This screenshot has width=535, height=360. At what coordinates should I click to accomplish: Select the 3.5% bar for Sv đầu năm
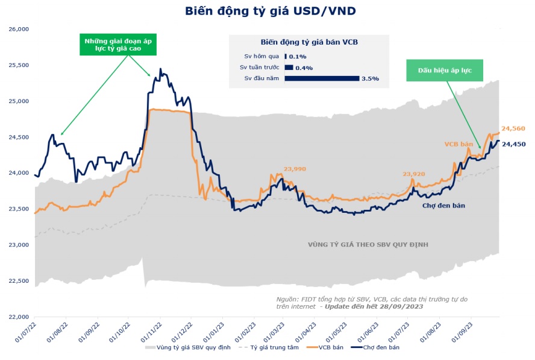[x=322, y=78]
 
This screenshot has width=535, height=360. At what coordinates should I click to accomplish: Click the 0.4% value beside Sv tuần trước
[x=304, y=68]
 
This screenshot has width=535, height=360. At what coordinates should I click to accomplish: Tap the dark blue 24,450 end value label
[x=515, y=144]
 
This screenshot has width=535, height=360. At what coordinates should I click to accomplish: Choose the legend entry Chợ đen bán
[x=382, y=347]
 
